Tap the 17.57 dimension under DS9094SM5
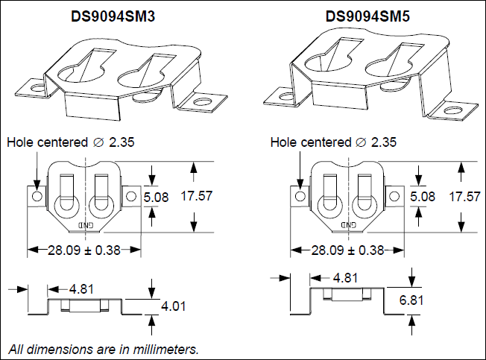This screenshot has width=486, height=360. coord(464,196)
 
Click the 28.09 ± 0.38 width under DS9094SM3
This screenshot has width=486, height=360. coord(84,250)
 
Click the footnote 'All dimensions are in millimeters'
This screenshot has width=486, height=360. coord(104,349)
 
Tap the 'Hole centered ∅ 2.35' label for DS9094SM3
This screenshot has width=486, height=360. coord(71,142)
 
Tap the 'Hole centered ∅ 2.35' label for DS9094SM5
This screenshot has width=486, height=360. coord(333,142)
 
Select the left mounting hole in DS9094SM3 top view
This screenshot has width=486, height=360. coord(37,196)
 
